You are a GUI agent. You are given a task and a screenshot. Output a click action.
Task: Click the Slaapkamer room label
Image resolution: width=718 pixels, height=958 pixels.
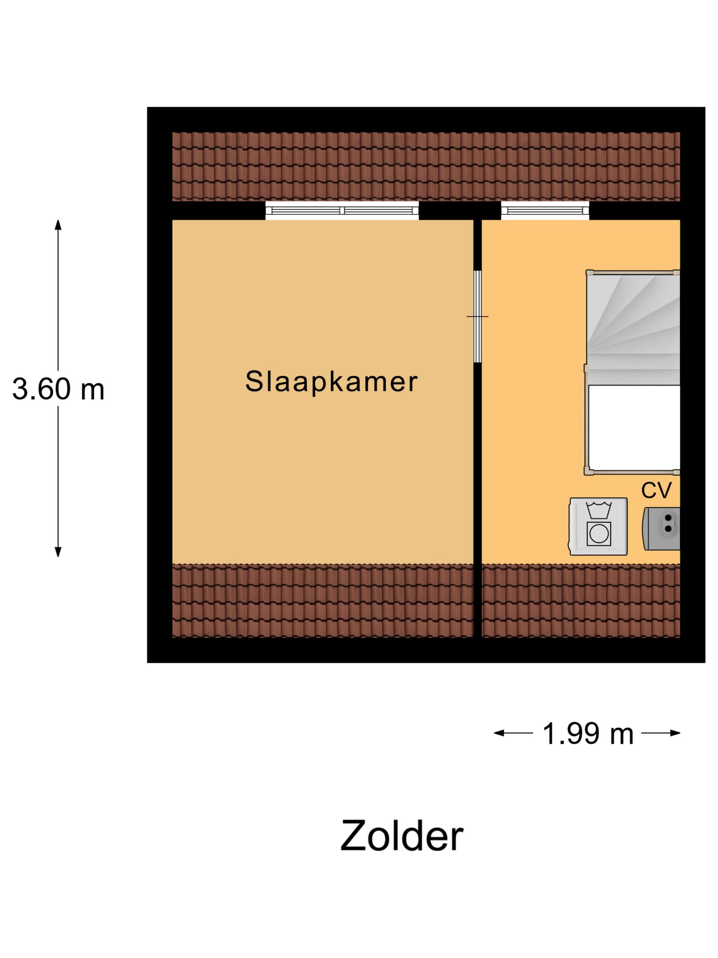click(x=331, y=381)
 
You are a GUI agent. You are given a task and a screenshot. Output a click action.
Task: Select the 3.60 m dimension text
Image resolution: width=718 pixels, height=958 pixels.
click(x=58, y=389)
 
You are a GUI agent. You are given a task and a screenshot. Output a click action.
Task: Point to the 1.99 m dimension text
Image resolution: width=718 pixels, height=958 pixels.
click(x=587, y=733)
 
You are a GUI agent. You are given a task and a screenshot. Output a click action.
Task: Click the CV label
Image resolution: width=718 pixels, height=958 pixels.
click(x=656, y=490)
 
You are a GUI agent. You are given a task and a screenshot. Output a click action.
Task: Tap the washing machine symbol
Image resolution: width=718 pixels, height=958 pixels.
click(x=598, y=526)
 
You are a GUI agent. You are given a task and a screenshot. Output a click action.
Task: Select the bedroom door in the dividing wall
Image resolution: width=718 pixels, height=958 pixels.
click(x=477, y=316)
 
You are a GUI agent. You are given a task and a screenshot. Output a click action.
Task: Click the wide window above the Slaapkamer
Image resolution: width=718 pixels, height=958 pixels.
click(x=342, y=211)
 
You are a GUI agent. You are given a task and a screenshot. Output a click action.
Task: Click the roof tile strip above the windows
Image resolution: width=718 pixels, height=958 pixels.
click(x=426, y=167)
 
